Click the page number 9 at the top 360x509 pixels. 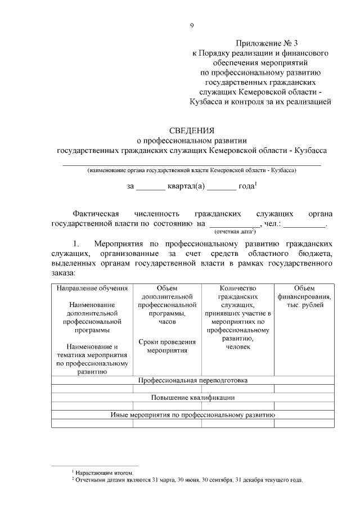[192, 25]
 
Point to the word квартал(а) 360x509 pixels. [186, 186]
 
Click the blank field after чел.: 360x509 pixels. [304, 224]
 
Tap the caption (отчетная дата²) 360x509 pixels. [235, 231]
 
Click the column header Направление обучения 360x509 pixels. [92, 289]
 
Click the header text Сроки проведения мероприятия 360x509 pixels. [167, 346]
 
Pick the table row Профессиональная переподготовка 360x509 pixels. [192, 380]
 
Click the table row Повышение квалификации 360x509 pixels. [192, 397]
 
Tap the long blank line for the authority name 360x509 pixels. [191, 164]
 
